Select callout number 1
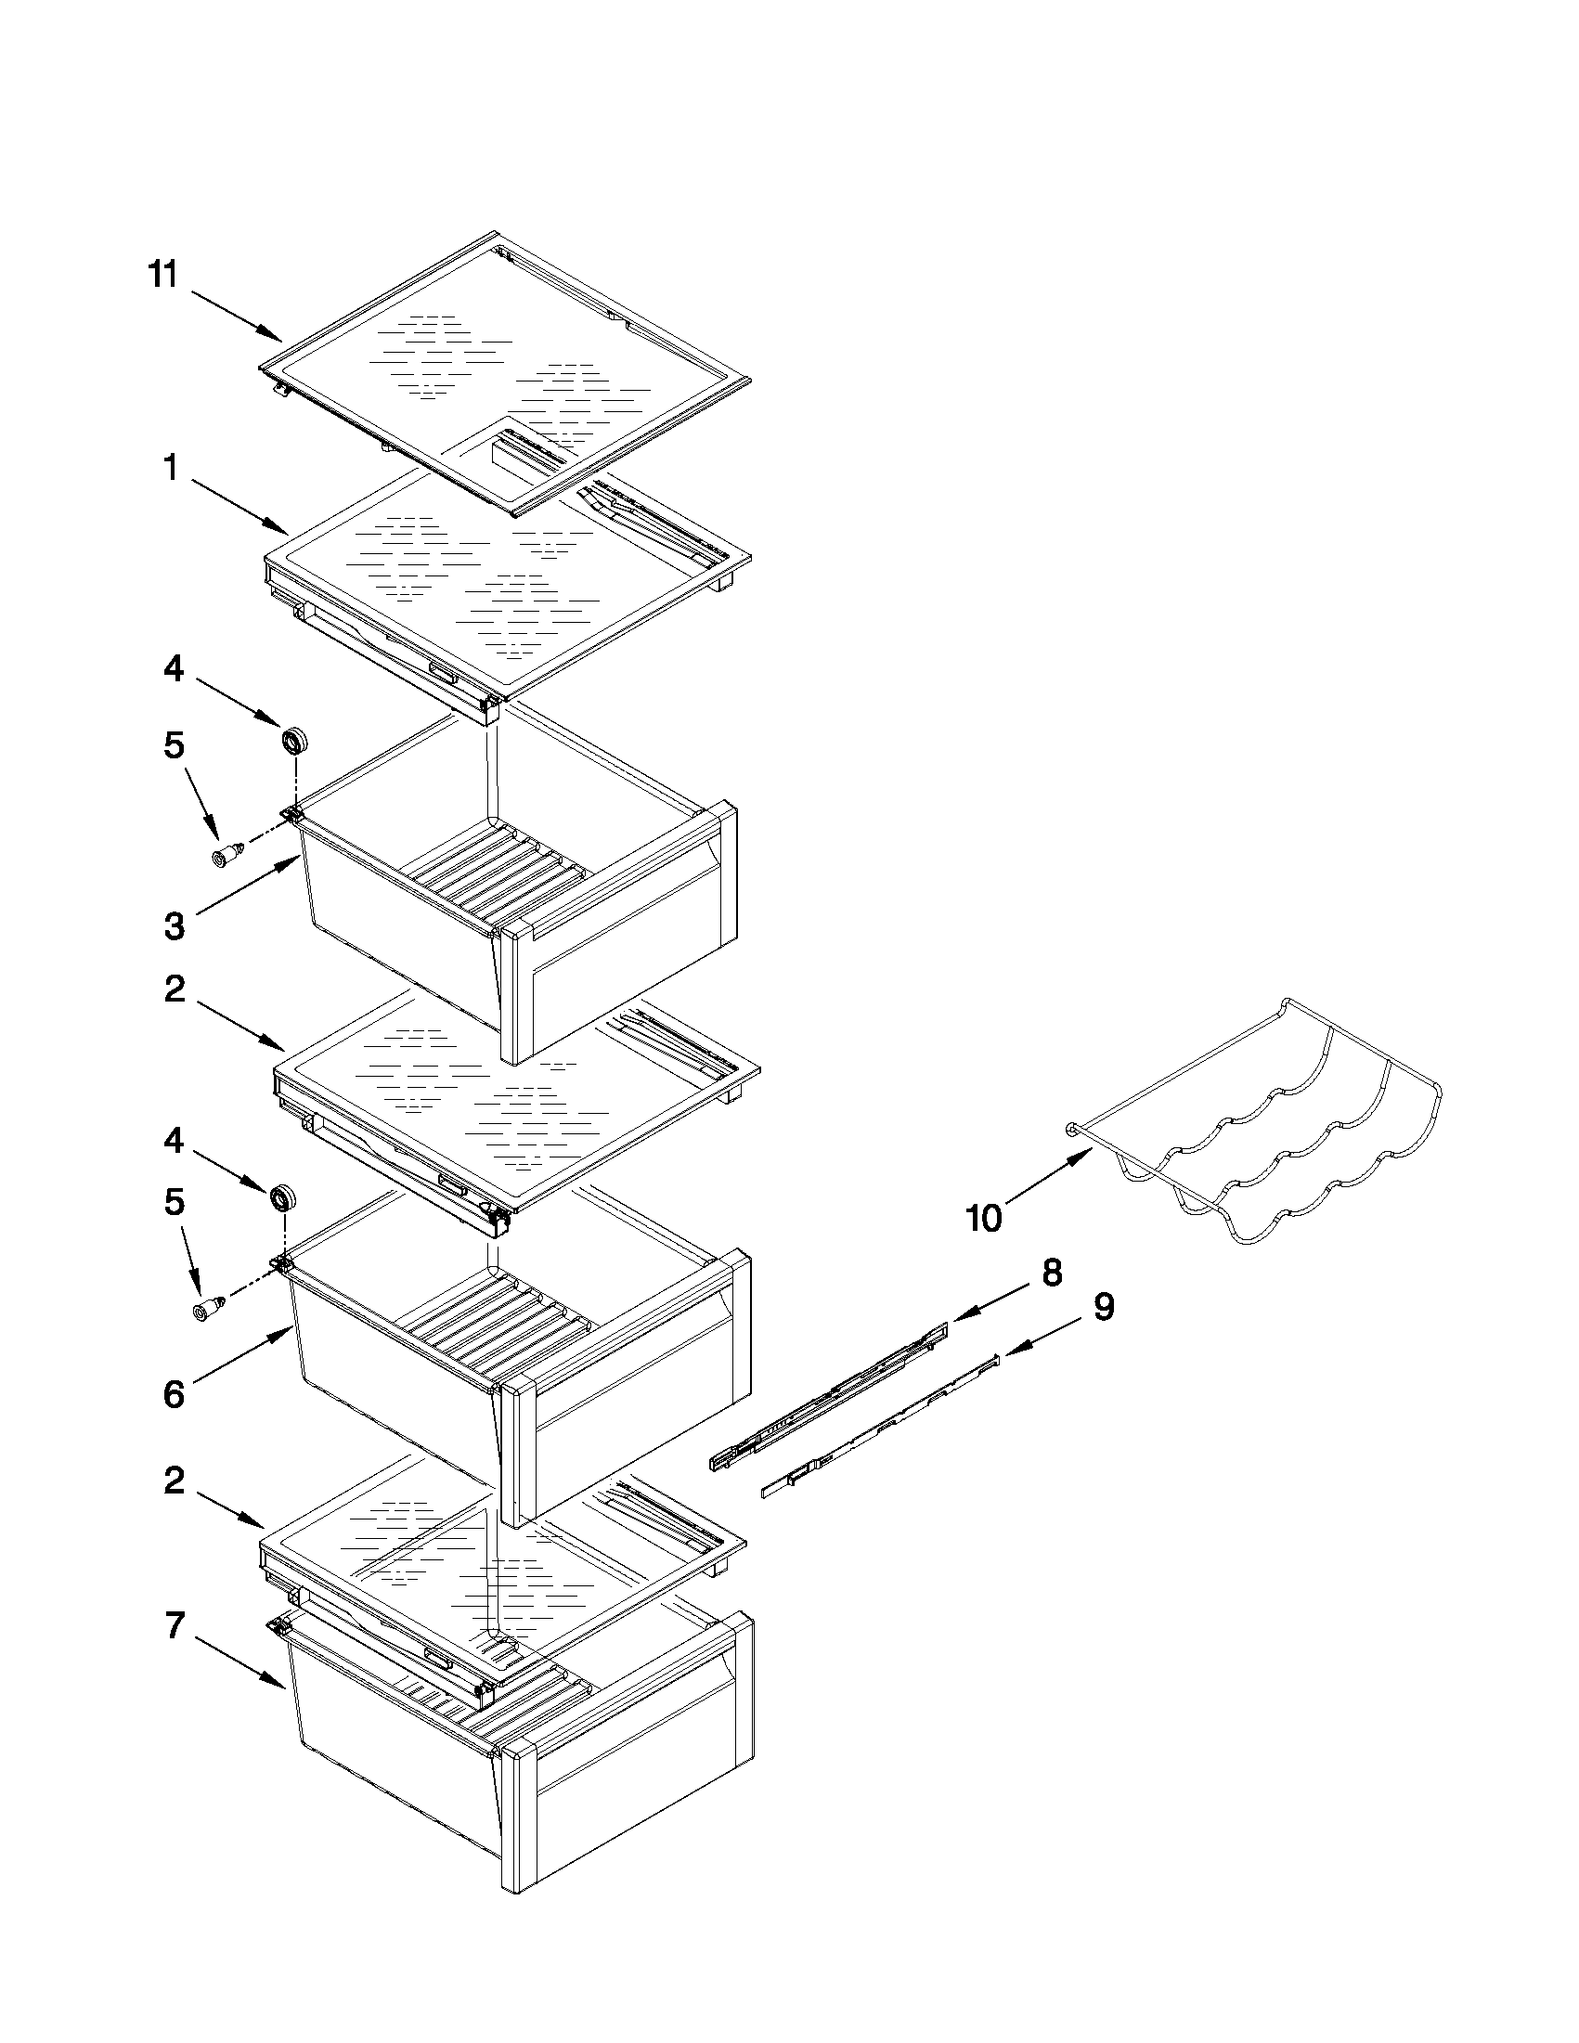[x=170, y=467]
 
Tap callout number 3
[x=174, y=926]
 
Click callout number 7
[x=175, y=1626]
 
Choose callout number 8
[x=1052, y=1273]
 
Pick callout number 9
[x=1104, y=1308]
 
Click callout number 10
[x=983, y=1218]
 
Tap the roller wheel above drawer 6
[x=281, y=1198]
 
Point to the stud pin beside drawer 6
[x=208, y=1310]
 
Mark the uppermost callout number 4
[x=174, y=669]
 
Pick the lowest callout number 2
[x=174, y=1481]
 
